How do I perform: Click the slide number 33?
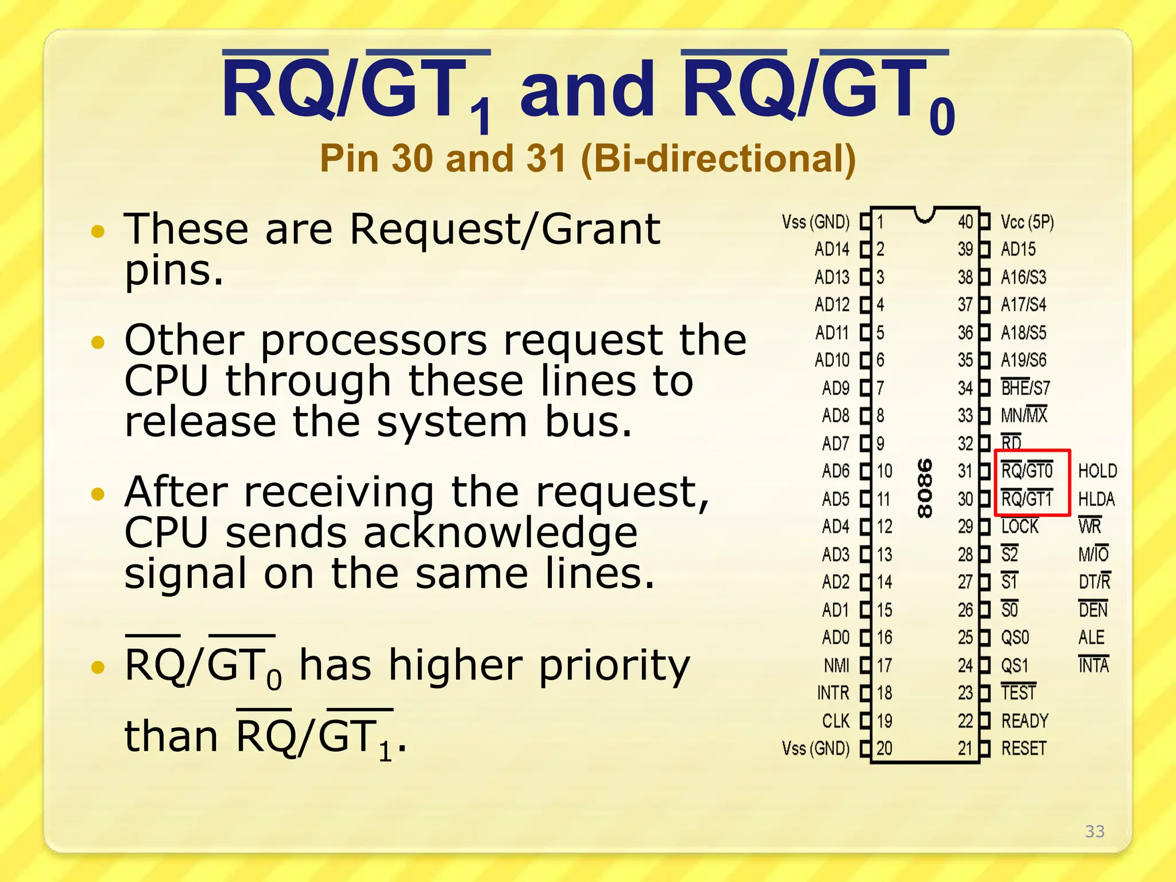click(1094, 831)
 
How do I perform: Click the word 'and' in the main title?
click(587, 90)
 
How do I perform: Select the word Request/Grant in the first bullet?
click(505, 229)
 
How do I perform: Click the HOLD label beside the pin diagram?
click(1097, 471)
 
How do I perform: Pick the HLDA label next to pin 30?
click(1096, 499)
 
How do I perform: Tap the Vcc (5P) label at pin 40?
click(1027, 222)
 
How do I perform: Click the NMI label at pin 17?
click(836, 665)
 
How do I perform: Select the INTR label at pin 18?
click(833, 693)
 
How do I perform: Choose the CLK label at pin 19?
click(835, 721)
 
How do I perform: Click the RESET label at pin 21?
click(1024, 748)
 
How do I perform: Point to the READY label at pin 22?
click(1025, 721)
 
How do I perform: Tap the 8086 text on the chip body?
click(924, 488)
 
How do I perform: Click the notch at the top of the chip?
click(924, 215)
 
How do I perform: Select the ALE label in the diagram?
click(1091, 637)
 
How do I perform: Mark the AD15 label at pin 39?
click(1018, 249)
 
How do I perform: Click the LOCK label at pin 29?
click(1020, 527)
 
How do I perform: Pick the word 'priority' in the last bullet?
click(614, 666)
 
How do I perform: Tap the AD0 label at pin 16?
click(835, 637)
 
